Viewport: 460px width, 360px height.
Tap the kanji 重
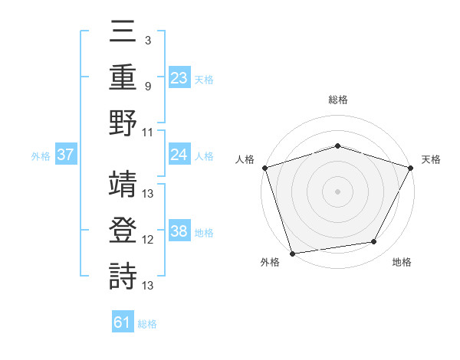(123, 77)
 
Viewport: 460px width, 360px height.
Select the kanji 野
(123, 123)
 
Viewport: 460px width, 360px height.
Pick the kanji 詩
(123, 277)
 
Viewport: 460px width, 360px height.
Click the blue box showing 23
(179, 78)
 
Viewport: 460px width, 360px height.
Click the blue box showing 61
(123, 323)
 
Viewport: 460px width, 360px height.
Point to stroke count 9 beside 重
(147, 85)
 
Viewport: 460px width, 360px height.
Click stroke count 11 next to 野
(148, 131)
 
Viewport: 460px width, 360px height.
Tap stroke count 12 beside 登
(148, 240)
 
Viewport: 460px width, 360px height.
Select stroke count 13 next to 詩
(148, 286)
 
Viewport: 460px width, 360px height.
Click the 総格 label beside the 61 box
(147, 324)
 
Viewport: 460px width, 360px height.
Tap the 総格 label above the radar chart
(337, 100)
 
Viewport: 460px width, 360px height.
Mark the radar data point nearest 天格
(411, 167)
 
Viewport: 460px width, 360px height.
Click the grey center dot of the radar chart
(337, 191)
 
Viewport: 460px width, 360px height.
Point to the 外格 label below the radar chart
(270, 263)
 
